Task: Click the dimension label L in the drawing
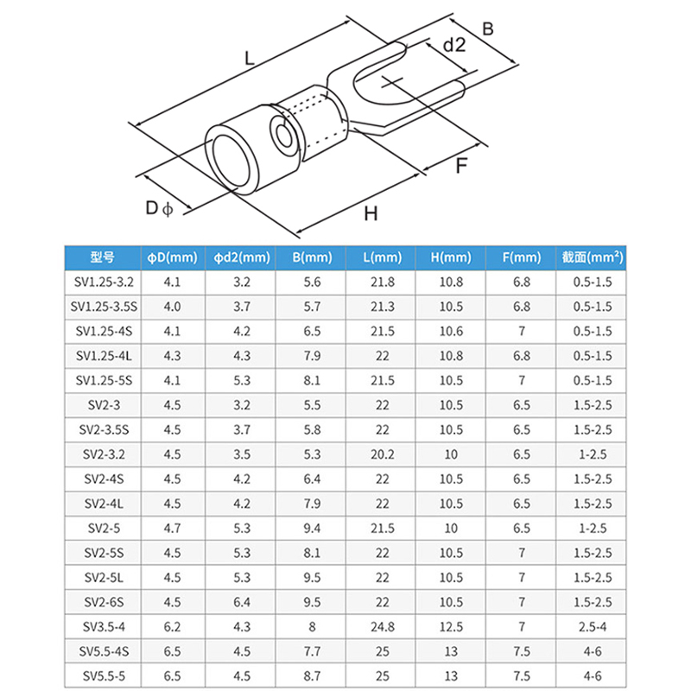click(249, 60)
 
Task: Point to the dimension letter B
click(488, 29)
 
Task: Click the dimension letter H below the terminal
click(371, 213)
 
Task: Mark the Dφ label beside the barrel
click(159, 208)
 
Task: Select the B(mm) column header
click(312, 257)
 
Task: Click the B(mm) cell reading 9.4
click(312, 527)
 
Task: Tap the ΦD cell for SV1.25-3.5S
click(172, 307)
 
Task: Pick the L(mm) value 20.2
click(382, 453)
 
